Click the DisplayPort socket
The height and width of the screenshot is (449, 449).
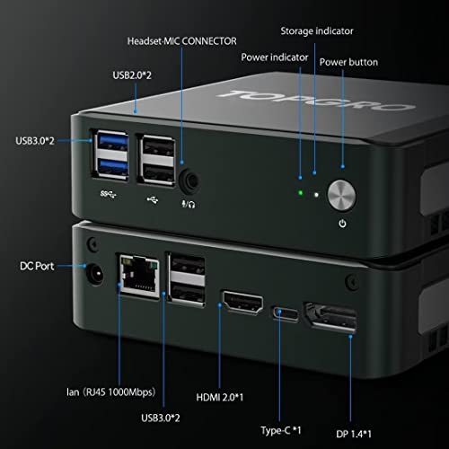(333, 321)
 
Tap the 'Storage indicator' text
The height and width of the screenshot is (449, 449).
(316, 31)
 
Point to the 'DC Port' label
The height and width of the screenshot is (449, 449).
(39, 266)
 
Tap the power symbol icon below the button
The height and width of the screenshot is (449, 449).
(343, 224)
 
